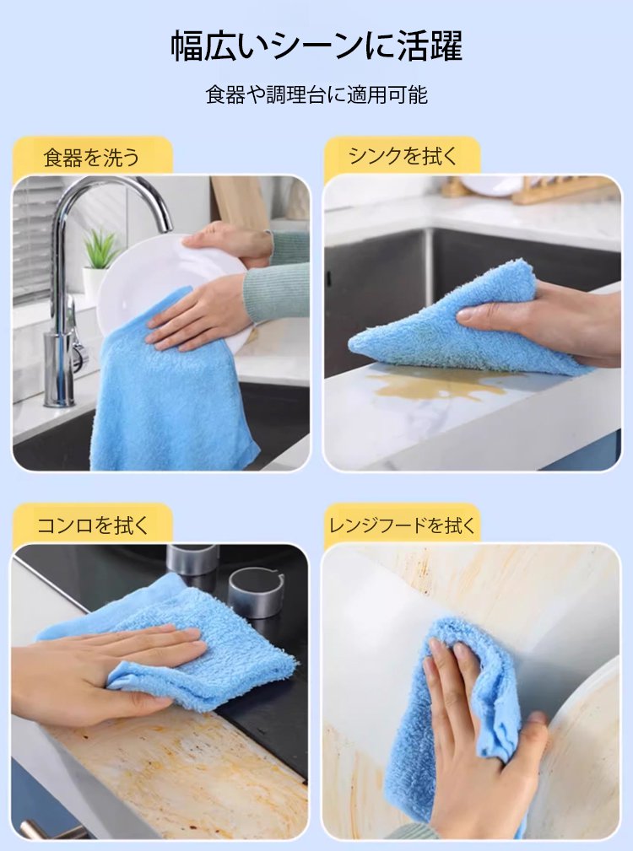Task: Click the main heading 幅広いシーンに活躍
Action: [x=316, y=46]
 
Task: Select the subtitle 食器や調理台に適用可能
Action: [x=316, y=95]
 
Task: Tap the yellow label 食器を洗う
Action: [x=92, y=158]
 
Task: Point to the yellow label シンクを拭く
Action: [x=403, y=156]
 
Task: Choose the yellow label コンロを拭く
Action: [x=92, y=525]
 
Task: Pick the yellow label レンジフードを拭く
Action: [x=403, y=525]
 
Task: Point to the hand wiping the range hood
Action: [x=478, y=744]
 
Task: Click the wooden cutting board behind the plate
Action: [x=239, y=203]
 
